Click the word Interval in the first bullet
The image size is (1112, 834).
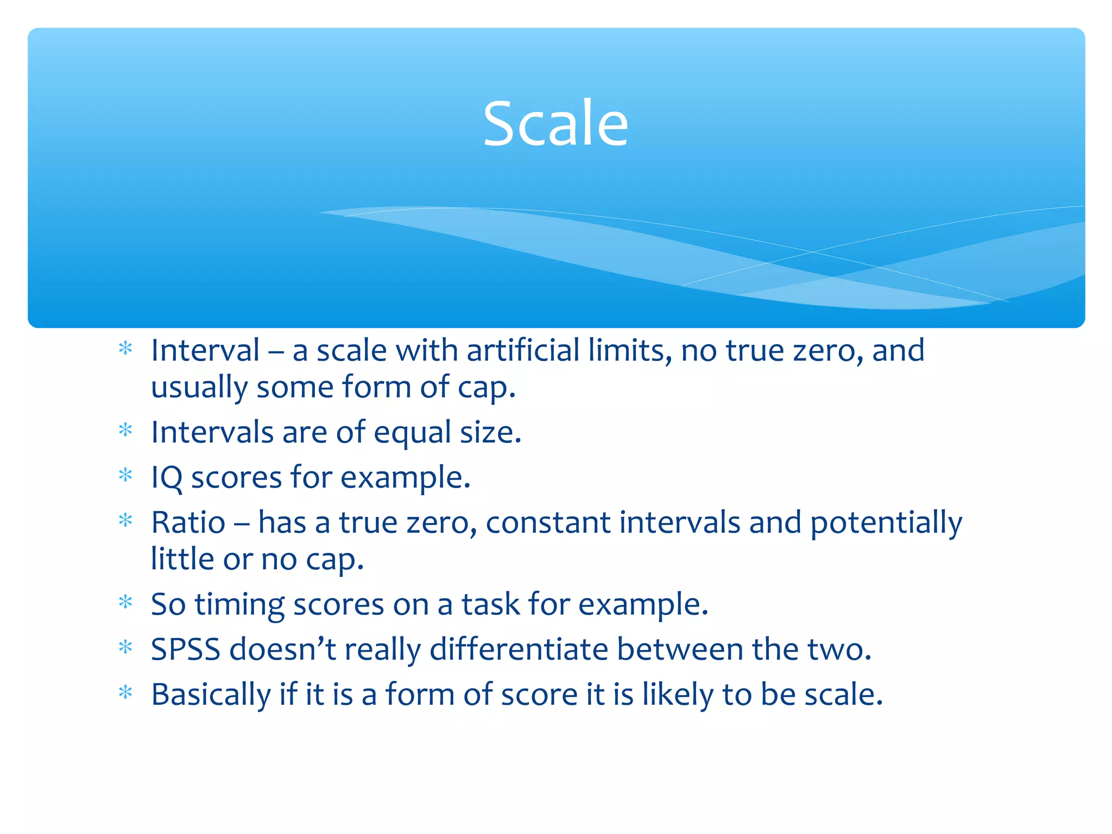point(205,350)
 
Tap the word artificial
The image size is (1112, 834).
point(523,350)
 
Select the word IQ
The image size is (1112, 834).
point(166,478)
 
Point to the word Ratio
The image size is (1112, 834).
point(188,522)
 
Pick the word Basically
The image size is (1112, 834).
point(211,695)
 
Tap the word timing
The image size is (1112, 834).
point(239,604)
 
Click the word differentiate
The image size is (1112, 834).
point(519,649)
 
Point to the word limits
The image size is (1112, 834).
point(630,350)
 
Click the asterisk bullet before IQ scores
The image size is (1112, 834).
point(125,476)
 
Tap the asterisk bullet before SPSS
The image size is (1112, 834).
point(125,648)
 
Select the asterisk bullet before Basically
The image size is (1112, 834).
point(125,693)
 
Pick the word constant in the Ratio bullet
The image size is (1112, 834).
point(548,522)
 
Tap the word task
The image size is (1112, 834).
point(490,604)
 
